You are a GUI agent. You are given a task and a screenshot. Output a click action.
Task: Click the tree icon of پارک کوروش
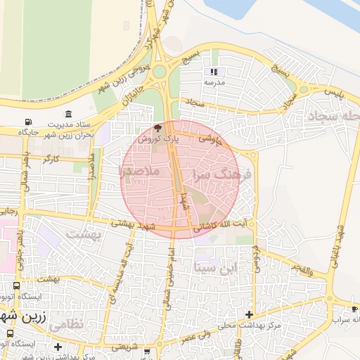pos(158,129)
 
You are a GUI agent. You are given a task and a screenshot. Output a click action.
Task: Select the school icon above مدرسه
pos(213,72)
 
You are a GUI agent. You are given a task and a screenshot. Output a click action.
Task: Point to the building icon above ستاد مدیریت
pos(67,115)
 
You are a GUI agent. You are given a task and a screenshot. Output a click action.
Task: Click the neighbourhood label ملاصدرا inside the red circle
pos(140,171)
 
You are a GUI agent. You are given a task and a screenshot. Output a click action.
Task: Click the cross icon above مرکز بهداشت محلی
pos(249,314)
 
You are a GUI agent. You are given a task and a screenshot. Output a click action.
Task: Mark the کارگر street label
pos(51,160)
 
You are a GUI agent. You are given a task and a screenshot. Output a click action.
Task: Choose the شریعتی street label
pos(137,348)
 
